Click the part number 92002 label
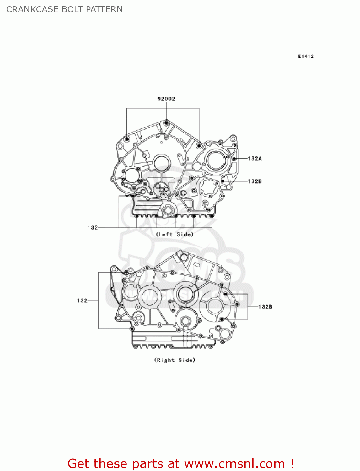click(166, 99)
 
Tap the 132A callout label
click(255, 159)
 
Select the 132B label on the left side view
click(255, 181)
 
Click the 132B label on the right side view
click(265, 307)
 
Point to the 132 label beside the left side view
click(93, 227)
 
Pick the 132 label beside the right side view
click(82, 300)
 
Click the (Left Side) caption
click(175, 234)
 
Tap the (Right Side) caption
click(175, 360)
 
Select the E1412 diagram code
click(306, 56)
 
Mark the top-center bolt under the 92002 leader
click(166, 122)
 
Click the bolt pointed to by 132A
click(234, 159)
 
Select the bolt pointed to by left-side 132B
click(223, 181)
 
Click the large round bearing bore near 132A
click(216, 160)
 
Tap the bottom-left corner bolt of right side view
click(132, 328)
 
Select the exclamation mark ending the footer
click(292, 463)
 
